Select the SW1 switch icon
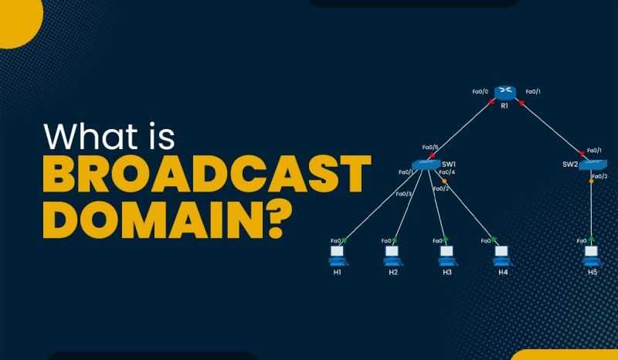point(426,164)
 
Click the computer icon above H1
point(337,253)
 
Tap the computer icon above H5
point(592,253)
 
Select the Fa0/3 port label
point(403,193)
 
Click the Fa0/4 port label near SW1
point(447,172)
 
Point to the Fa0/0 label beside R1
point(480,92)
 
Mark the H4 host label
point(503,272)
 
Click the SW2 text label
point(571,163)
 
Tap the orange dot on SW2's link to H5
point(592,181)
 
